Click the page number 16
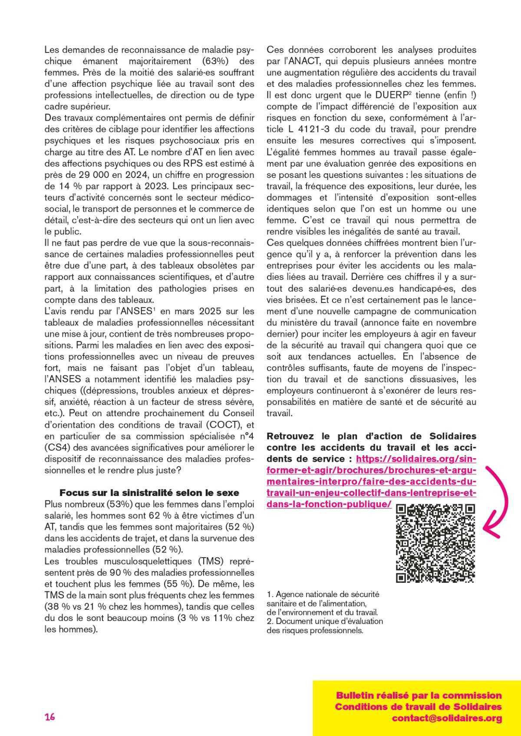(49, 717)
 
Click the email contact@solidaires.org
(447, 718)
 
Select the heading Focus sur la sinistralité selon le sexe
(149, 493)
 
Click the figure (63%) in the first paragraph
(216, 61)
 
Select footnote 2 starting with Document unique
(325, 625)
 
